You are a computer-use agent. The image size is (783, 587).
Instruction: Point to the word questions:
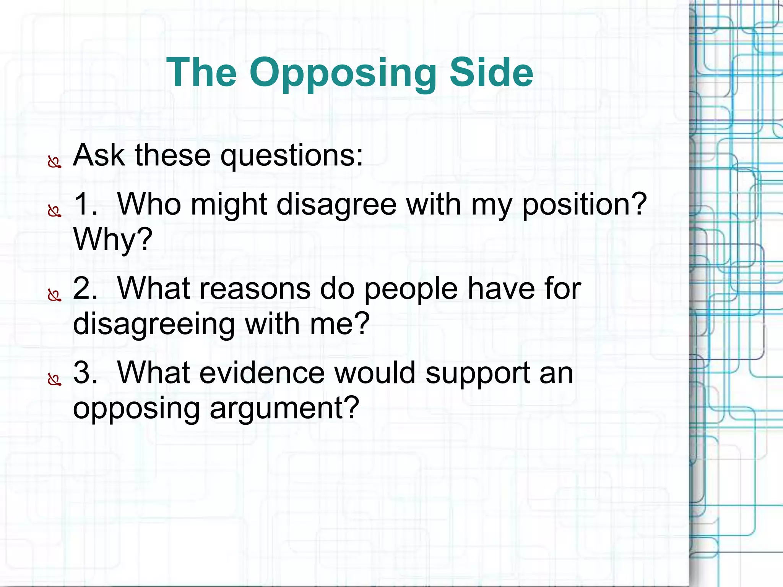[x=292, y=156]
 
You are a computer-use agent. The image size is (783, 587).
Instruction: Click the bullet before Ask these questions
[x=54, y=163]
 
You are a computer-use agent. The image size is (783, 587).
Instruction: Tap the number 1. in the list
[x=85, y=204]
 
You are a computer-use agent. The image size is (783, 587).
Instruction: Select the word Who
[x=149, y=204]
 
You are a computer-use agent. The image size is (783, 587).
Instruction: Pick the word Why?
[x=113, y=239]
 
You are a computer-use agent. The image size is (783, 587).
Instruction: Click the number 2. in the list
[x=85, y=288]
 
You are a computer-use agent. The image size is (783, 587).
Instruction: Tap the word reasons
[x=255, y=288]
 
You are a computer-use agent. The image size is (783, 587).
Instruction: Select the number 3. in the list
[x=85, y=372]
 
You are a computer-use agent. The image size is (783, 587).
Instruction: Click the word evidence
[x=262, y=372]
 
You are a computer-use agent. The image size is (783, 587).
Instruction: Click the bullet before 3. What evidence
[x=54, y=380]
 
